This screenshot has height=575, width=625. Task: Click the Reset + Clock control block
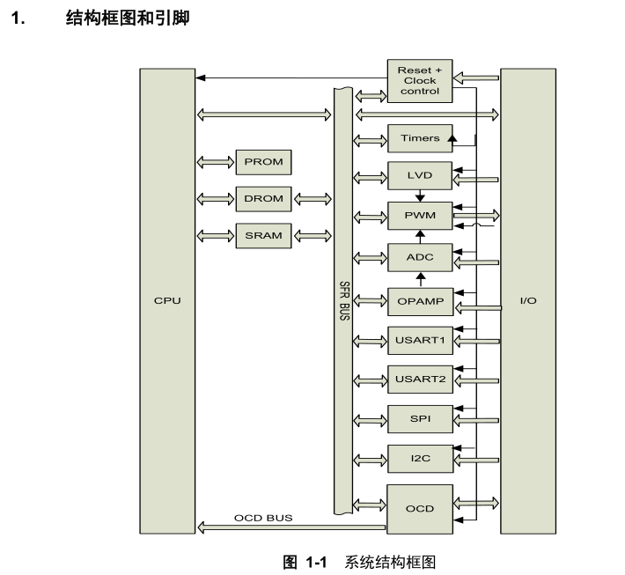click(x=419, y=80)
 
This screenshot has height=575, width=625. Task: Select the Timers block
click(x=419, y=138)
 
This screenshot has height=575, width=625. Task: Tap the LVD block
click(x=419, y=175)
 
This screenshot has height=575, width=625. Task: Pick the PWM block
click(x=419, y=215)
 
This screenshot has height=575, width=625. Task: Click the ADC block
click(x=419, y=257)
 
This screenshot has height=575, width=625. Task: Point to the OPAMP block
click(x=419, y=301)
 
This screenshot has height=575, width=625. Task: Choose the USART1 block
click(x=419, y=339)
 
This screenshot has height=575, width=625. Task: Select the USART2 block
click(x=419, y=380)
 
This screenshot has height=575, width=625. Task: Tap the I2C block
click(x=419, y=458)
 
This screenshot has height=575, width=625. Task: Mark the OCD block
click(x=419, y=508)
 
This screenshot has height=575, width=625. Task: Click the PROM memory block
click(x=264, y=162)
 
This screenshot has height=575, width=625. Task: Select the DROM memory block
click(x=264, y=198)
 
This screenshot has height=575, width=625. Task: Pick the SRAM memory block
click(x=264, y=235)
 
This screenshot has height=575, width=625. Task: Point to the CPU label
click(x=167, y=301)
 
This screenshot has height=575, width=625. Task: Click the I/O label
click(x=528, y=301)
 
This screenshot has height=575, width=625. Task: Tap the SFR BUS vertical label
click(x=343, y=301)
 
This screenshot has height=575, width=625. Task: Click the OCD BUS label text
click(x=263, y=518)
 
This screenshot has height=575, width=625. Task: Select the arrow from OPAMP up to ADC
click(x=420, y=280)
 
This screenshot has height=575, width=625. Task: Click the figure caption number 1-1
click(x=315, y=561)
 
